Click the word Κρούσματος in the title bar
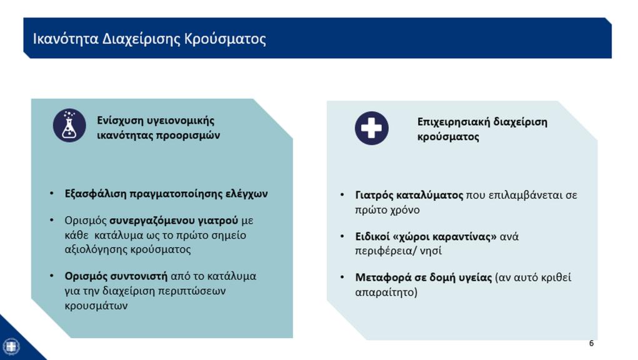click(225, 39)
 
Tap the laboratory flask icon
click(69, 125)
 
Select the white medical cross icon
click(371, 128)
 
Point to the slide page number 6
click(591, 343)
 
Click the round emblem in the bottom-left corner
click(11, 347)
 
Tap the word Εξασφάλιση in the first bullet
click(96, 194)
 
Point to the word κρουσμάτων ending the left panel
click(96, 306)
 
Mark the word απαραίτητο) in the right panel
click(386, 292)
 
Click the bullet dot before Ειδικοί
click(342, 236)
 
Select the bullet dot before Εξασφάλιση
click(52, 193)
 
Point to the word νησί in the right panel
click(431, 251)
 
